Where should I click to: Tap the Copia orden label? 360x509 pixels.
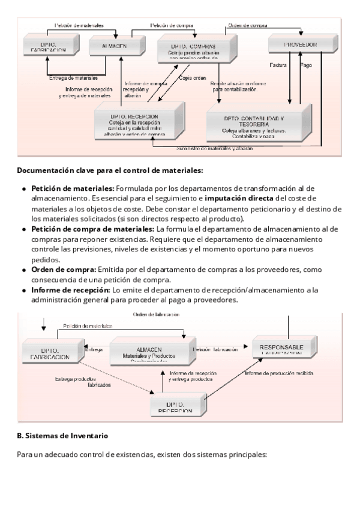click(192, 77)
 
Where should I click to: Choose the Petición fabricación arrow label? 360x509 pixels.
click(211, 349)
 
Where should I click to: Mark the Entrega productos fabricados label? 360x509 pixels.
click(83, 382)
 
